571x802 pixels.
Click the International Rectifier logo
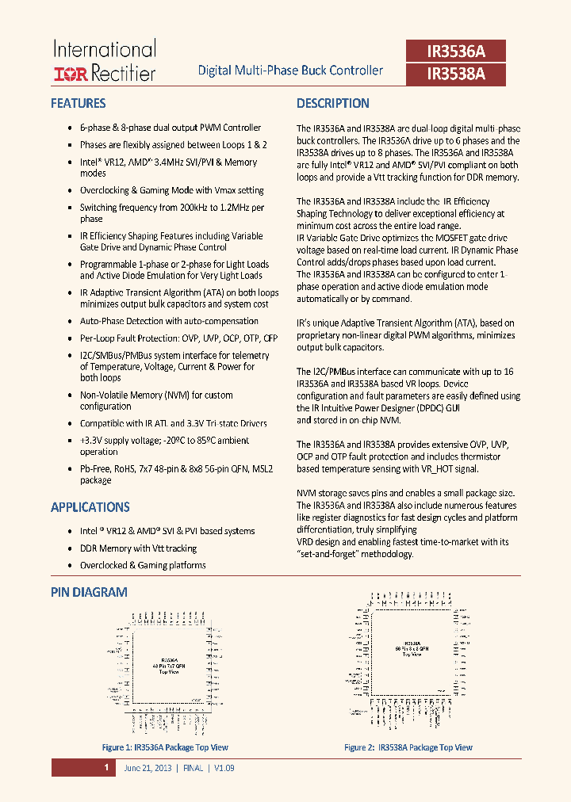coord(104,61)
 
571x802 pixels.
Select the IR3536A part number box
coord(455,52)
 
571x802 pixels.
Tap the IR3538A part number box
coord(455,74)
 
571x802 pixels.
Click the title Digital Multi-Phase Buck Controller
coord(290,71)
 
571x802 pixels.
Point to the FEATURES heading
coord(78,103)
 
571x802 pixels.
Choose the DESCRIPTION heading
coord(333,103)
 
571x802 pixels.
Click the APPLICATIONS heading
coord(90,507)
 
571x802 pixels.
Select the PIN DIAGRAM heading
coord(89,592)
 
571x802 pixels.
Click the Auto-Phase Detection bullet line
coord(169,321)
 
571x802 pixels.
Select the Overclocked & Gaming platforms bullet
coord(143,565)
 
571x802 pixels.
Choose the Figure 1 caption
coord(165,747)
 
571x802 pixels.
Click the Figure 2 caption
coord(408,747)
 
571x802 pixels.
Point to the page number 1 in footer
coord(105,768)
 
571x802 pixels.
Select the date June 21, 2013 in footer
coord(147,768)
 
